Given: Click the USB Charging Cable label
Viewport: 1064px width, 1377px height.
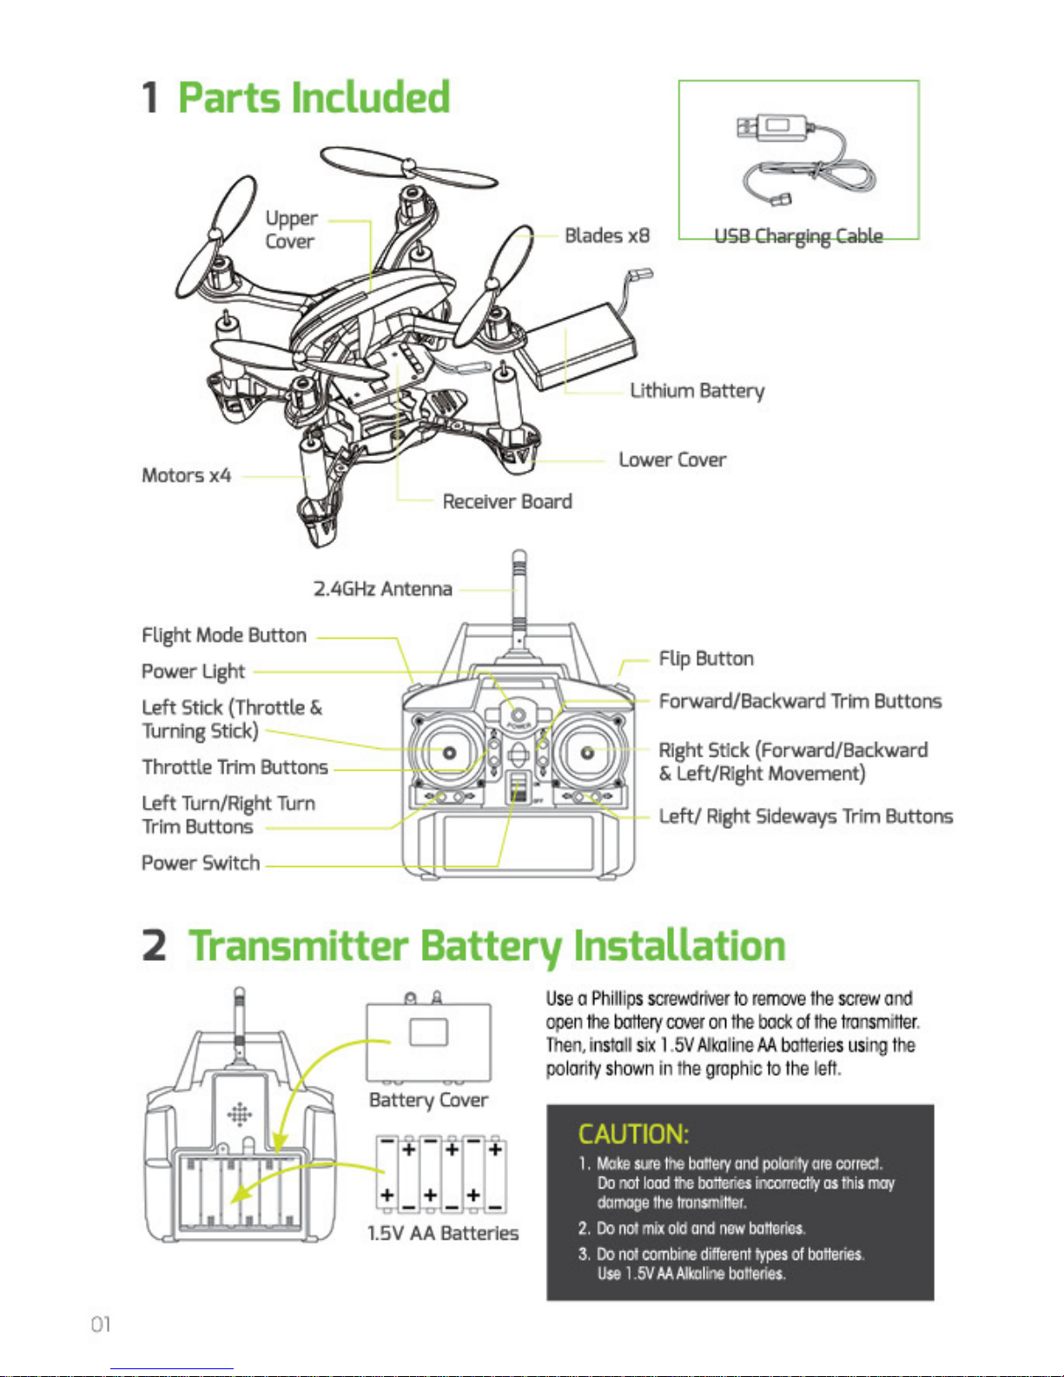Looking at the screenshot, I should click(x=798, y=236).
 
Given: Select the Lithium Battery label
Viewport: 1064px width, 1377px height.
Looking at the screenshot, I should click(x=697, y=391).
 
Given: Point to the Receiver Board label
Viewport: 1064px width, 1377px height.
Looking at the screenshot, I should click(x=507, y=501).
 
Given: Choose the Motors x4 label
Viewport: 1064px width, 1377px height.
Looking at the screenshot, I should click(x=186, y=475).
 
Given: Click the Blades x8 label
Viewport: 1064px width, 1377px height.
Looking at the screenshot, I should click(x=606, y=235).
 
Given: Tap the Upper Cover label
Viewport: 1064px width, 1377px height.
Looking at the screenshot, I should click(x=291, y=229).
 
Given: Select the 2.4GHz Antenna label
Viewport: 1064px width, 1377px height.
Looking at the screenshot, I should click(x=382, y=589).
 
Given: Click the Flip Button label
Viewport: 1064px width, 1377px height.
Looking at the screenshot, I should click(x=705, y=659).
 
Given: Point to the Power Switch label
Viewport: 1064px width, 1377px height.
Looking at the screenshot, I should click(x=201, y=863).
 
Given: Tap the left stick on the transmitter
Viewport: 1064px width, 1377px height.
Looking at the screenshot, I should click(x=449, y=752).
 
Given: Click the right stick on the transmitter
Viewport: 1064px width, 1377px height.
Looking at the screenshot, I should click(x=587, y=752).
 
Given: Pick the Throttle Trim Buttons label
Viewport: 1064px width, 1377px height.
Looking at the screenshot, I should click(x=235, y=767).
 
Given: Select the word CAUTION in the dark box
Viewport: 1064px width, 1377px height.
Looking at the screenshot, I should click(x=633, y=1134).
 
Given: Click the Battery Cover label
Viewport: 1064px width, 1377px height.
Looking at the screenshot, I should click(x=428, y=1100).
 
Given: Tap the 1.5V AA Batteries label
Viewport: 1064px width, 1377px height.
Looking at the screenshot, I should click(x=443, y=1233).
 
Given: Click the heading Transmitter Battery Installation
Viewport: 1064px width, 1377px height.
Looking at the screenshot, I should click(x=486, y=946).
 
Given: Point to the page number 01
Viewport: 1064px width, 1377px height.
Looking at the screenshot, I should click(x=101, y=1324).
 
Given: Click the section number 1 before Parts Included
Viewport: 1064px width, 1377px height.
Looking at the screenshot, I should click(x=150, y=97).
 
